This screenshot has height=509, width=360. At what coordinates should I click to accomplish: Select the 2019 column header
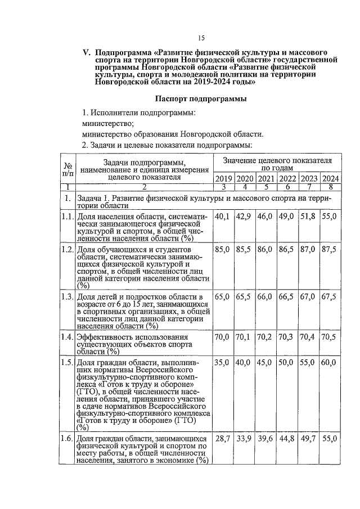click(x=223, y=179)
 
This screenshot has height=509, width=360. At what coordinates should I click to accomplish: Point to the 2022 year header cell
click(x=287, y=179)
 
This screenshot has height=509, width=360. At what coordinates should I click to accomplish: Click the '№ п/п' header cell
click(x=67, y=170)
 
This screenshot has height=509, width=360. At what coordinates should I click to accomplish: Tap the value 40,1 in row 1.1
click(x=223, y=217)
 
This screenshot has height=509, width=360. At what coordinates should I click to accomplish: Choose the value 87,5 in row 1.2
click(x=330, y=249)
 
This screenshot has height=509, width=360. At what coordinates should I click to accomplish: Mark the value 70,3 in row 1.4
click(x=287, y=337)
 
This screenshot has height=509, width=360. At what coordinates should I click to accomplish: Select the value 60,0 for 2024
click(x=330, y=363)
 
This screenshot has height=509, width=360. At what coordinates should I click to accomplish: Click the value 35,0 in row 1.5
click(x=223, y=363)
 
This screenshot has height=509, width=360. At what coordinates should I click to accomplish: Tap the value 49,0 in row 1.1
click(x=287, y=217)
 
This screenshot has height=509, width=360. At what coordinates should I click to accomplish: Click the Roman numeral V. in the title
click(x=87, y=52)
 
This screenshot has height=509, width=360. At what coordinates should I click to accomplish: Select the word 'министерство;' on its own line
click(x=108, y=123)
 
